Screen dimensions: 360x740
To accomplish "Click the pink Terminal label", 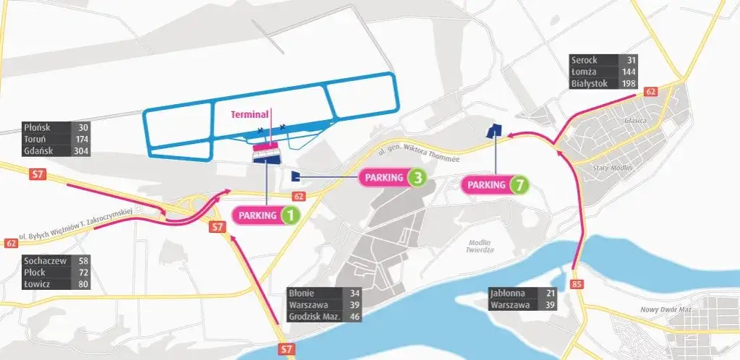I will pyautogui.click(x=250, y=114).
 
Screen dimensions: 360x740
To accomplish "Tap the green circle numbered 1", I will pyautogui.click(x=289, y=215).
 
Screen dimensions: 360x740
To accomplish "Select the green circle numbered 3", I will pyautogui.click(x=416, y=177).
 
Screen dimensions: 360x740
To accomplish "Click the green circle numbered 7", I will pyautogui.click(x=518, y=185).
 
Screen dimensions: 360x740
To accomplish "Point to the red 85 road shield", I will pyautogui.click(x=577, y=284).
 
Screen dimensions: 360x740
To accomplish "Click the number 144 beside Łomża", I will pyautogui.click(x=627, y=72).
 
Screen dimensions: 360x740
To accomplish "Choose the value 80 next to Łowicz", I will pyautogui.click(x=82, y=284).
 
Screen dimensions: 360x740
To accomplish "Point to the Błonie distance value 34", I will pyautogui.click(x=354, y=293).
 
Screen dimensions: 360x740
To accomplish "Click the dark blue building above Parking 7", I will pyautogui.click(x=494, y=131).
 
